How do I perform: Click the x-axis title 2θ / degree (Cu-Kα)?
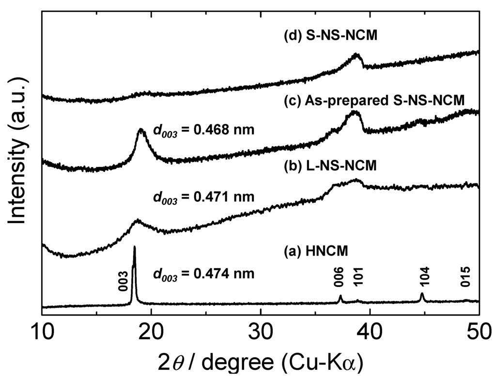[261, 361]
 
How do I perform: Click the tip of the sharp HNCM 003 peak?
[134, 247]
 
